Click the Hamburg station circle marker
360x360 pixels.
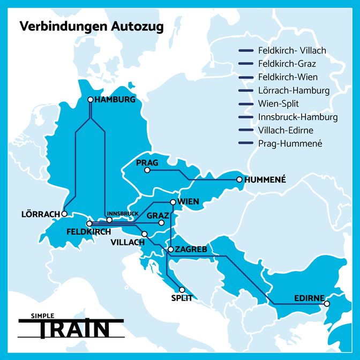tap(91, 99)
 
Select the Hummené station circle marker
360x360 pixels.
tap(239, 179)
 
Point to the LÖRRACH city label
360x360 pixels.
tap(40, 214)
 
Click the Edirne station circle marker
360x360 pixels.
tap(327, 304)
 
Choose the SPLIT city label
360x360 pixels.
tap(181, 298)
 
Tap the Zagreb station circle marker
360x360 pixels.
tap(170, 250)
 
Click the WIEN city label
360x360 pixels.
tap(188, 201)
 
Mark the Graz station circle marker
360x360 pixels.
tap(161, 222)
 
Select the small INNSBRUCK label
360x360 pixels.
tap(123, 214)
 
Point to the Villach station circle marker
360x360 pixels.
tap(145, 234)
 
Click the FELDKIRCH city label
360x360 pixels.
tap(88, 232)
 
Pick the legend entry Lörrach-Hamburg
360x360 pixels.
tap(294, 90)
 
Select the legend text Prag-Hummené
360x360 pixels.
tap(290, 143)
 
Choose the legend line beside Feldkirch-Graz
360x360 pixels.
tap(245, 64)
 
